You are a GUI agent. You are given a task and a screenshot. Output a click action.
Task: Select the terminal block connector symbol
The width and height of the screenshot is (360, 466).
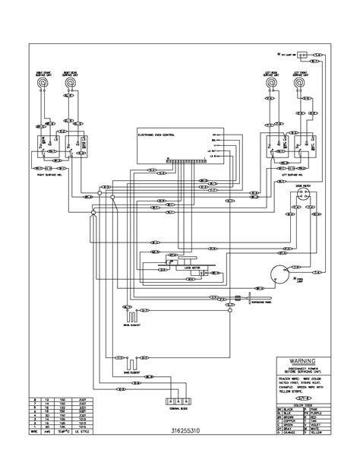(x=175, y=401)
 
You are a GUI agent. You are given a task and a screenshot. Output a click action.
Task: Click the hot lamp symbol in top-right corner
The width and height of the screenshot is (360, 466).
(x=302, y=55)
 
